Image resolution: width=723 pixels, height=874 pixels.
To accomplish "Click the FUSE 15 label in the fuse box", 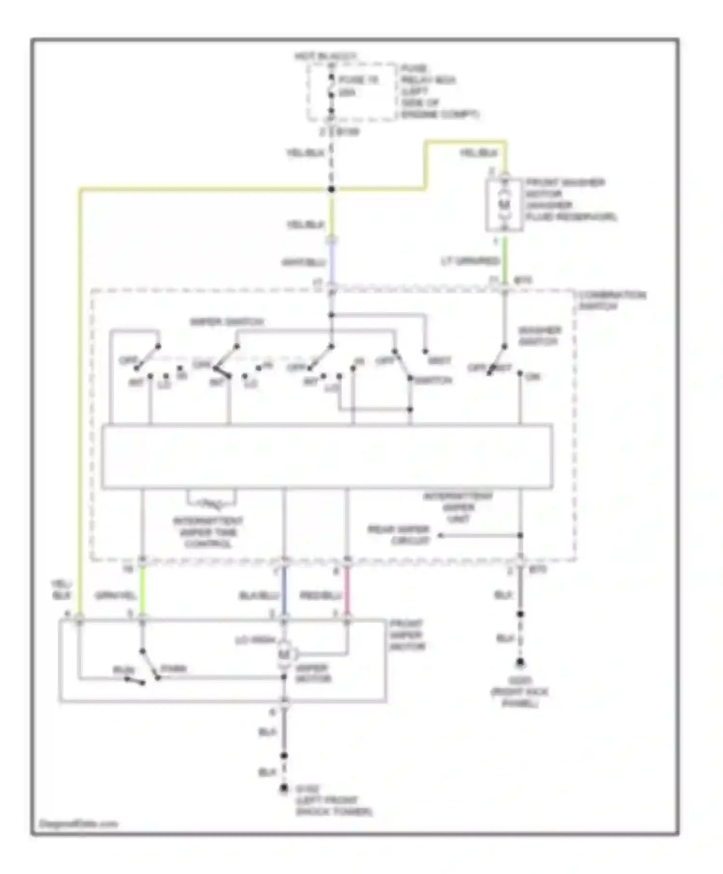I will coord(359,80).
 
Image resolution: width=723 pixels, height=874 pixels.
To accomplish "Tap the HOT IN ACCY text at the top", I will coord(326,57).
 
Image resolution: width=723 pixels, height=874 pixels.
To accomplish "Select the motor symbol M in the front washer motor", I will coord(504,205).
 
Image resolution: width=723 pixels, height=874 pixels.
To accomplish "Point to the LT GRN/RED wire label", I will coord(470,262).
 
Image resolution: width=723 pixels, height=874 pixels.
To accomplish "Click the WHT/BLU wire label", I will coord(304,263).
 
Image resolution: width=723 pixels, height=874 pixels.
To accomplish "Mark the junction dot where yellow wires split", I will coord(331,189).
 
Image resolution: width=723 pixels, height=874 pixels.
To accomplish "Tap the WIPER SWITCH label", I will coord(227,322).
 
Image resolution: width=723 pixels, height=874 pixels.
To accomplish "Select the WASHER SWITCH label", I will coord(540,336).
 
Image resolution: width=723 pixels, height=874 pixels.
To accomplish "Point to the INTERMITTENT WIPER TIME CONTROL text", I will coord(208,532).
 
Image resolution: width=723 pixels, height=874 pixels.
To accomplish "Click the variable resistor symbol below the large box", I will coord(212,504).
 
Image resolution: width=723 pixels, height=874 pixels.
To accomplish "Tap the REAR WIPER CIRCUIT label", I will coord(399,535).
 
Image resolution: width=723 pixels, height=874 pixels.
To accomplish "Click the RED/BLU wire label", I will coord(321,596).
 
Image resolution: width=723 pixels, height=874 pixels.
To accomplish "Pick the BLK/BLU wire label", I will coord(259,596).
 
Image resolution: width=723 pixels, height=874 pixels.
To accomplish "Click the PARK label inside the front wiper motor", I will coord(173,669).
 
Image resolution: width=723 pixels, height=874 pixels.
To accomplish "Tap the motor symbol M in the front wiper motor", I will coord(284,654).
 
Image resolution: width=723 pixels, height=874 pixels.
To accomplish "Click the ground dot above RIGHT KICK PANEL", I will coord(520,663).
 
